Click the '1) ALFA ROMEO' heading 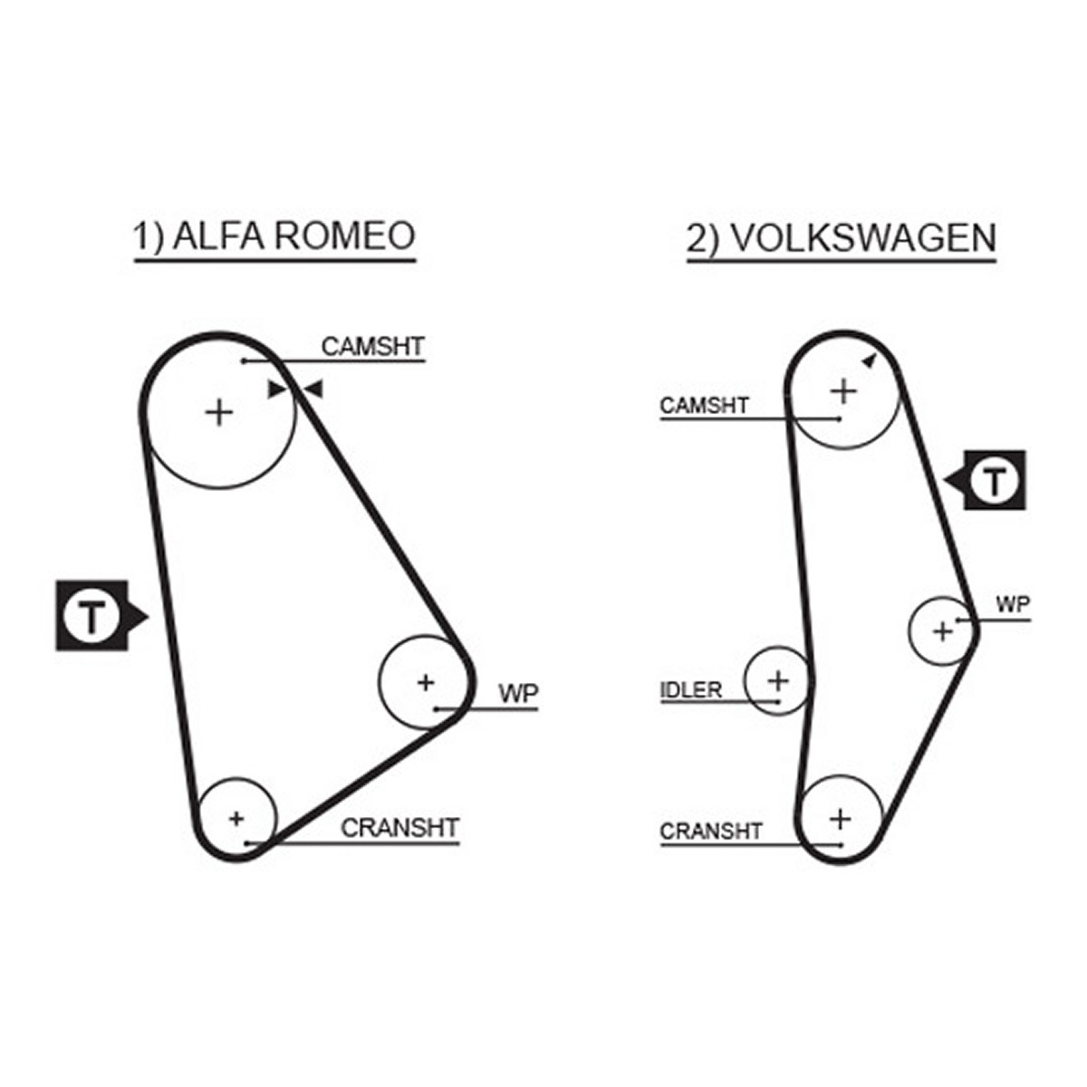pyautogui.click(x=274, y=236)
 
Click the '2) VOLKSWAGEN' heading pyautogui.click(x=841, y=238)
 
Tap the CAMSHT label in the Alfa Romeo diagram pyautogui.click(x=373, y=346)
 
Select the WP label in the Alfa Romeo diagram pyautogui.click(x=518, y=693)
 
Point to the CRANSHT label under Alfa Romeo pyautogui.click(x=400, y=828)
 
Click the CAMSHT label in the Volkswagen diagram pyautogui.click(x=704, y=406)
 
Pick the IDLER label pyautogui.click(x=691, y=690)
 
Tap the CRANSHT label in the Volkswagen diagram pyautogui.click(x=711, y=832)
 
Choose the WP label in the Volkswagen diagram pyautogui.click(x=1013, y=605)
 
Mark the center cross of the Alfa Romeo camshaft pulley pyautogui.click(x=219, y=413)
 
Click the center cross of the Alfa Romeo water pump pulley pyautogui.click(x=426, y=683)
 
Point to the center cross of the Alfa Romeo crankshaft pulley pyautogui.click(x=236, y=818)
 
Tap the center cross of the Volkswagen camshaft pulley pyautogui.click(x=844, y=391)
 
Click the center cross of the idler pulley pyautogui.click(x=778, y=681)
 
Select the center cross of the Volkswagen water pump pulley pyautogui.click(x=943, y=631)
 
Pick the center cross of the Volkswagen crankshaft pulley pyautogui.click(x=841, y=819)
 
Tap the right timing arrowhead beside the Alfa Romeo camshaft pyautogui.click(x=312, y=390)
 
